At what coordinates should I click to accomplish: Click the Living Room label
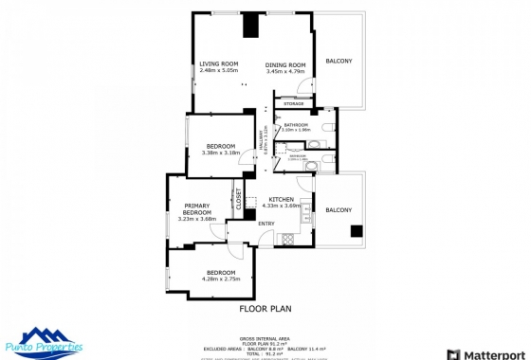(x=217, y=64)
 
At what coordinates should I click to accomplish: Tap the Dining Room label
(x=285, y=64)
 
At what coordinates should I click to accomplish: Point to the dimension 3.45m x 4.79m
(x=285, y=72)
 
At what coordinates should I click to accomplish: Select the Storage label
(x=294, y=103)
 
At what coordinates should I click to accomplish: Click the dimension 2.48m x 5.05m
(x=217, y=72)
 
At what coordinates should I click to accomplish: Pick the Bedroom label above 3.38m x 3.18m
(x=220, y=145)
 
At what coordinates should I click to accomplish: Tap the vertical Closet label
(x=239, y=198)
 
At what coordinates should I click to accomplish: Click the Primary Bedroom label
(x=197, y=209)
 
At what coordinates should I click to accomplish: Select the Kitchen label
(x=284, y=198)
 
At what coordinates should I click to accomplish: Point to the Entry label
(x=266, y=224)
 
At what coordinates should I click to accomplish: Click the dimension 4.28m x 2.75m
(x=221, y=279)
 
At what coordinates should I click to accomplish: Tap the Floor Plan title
(x=265, y=308)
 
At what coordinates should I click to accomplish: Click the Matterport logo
(x=491, y=354)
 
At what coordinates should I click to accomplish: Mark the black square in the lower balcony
(x=356, y=230)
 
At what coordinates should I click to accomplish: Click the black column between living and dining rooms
(x=251, y=25)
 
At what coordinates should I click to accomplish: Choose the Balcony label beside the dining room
(x=339, y=62)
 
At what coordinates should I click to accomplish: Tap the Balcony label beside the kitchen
(x=339, y=209)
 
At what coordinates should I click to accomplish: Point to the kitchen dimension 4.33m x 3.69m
(x=284, y=206)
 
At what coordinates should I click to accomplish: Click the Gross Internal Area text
(x=265, y=337)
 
